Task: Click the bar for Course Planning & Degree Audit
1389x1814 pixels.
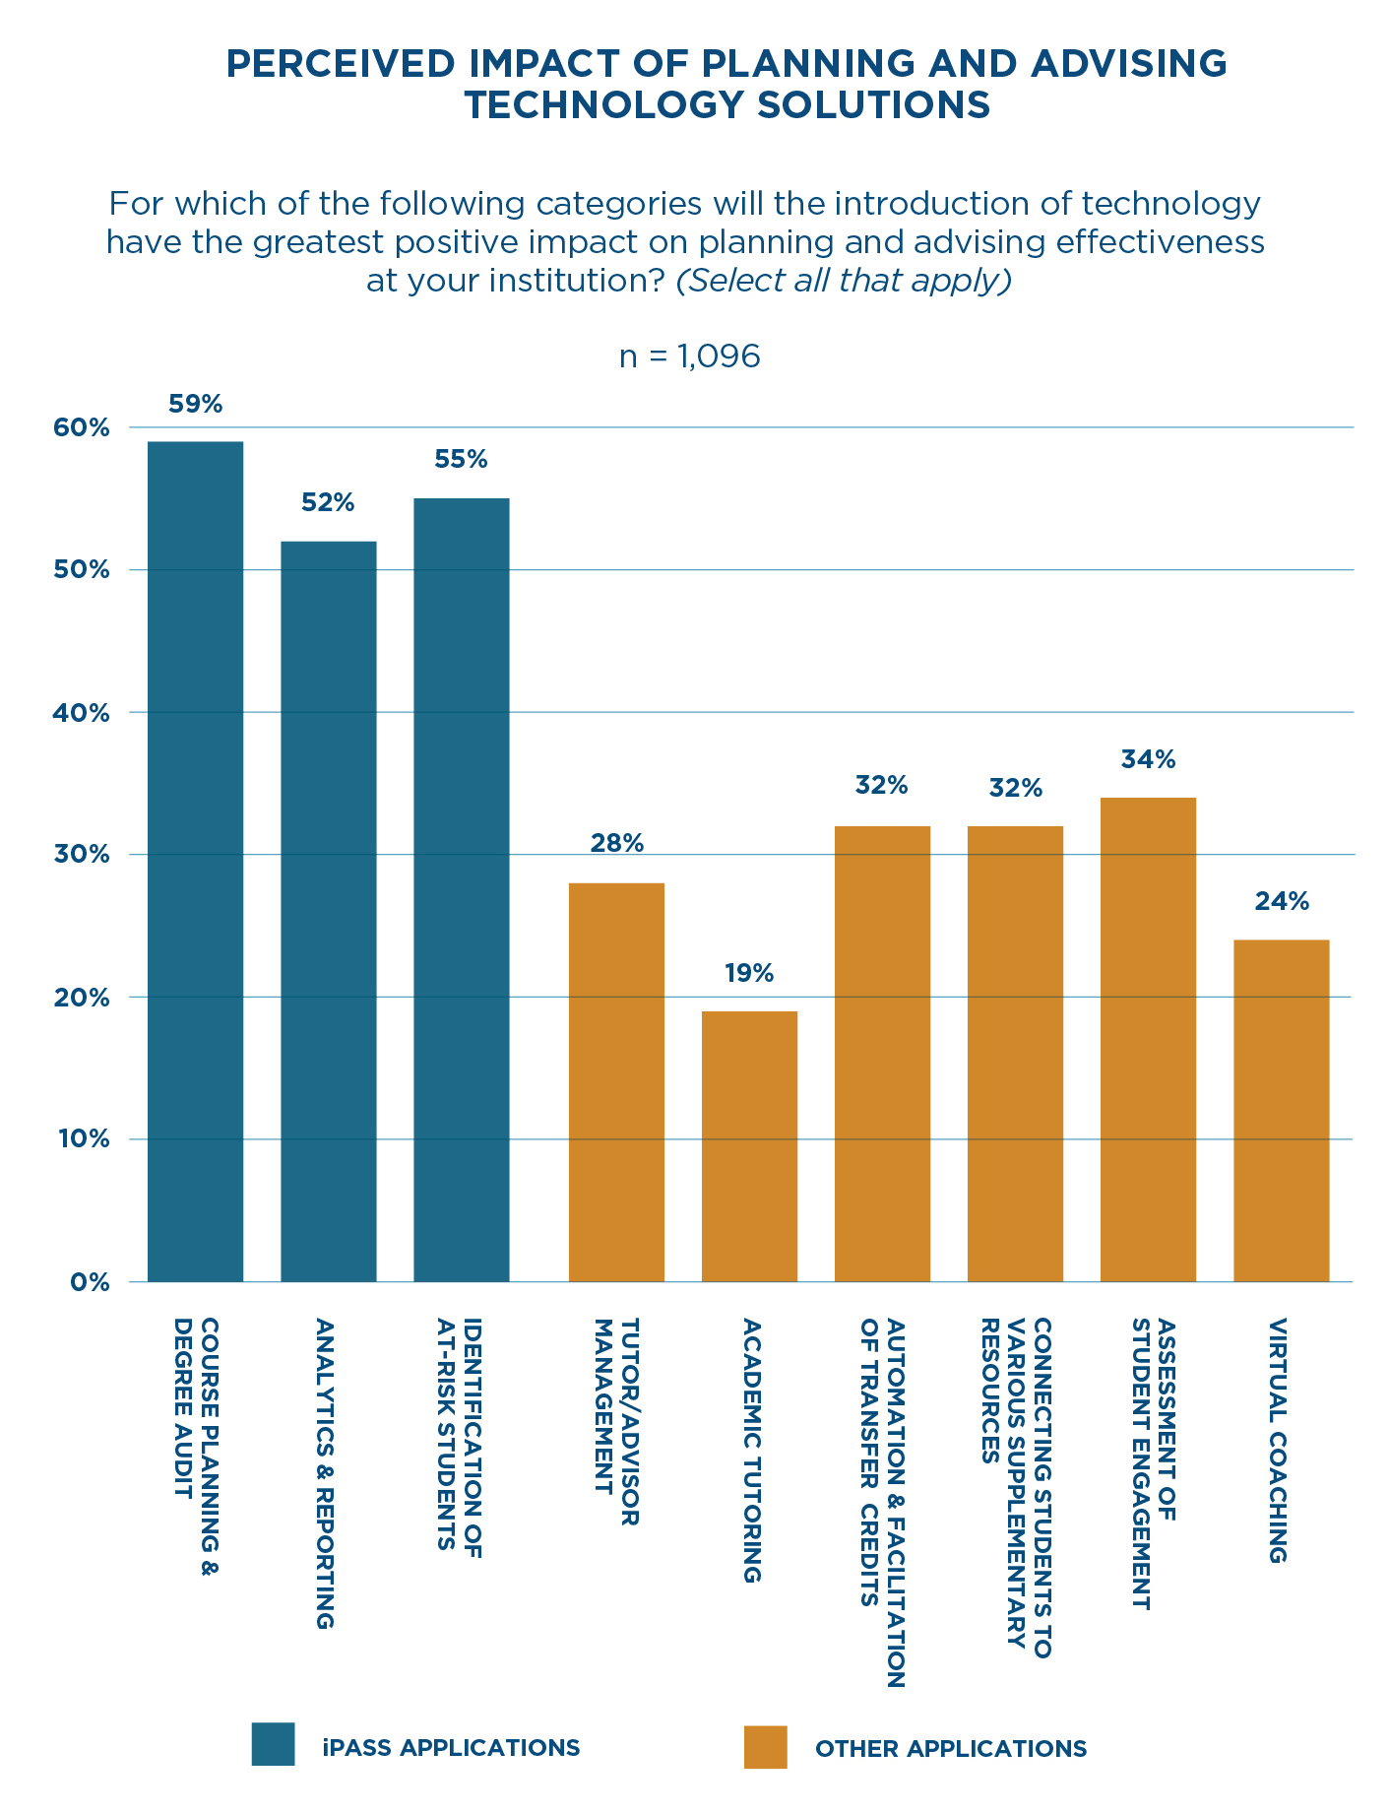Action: coord(195,862)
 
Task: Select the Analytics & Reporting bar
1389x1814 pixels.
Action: coord(328,911)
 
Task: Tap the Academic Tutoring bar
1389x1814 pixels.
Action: coord(749,1146)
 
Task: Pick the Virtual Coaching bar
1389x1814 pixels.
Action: coord(1281,1111)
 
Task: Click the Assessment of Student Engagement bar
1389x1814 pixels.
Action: coord(1148,1039)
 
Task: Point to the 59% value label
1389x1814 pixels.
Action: coord(195,404)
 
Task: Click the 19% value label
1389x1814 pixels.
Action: coord(749,974)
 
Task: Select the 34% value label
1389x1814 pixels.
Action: coord(1148,759)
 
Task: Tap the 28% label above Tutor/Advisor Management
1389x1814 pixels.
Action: coord(617,843)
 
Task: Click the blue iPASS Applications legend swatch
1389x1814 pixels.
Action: coord(273,1744)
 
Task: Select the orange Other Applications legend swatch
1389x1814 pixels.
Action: coord(765,1746)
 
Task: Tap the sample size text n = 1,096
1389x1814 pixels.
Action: coord(689,356)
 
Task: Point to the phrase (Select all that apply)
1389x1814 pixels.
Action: coord(844,281)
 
